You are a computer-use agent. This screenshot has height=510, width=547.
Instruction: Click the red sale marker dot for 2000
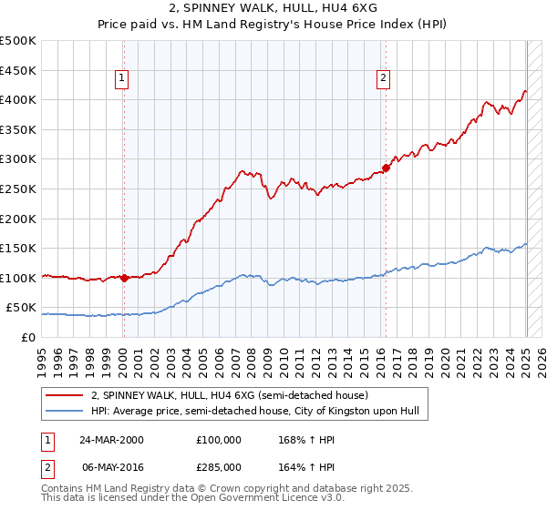coord(124,278)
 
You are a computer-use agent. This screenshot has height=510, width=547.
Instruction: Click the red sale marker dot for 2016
coord(386,168)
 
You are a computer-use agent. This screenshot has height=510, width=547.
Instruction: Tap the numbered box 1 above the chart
coord(121,79)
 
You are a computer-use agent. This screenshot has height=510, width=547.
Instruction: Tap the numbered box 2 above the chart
coord(383,79)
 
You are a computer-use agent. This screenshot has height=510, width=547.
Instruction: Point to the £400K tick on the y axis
coord(19,99)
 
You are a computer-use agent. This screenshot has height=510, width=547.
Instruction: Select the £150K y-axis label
coord(19,248)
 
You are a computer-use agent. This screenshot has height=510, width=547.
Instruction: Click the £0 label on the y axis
coord(29,337)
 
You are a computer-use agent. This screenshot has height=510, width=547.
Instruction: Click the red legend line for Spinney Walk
coord(64,396)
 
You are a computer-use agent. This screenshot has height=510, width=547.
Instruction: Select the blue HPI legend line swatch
coord(64,412)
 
